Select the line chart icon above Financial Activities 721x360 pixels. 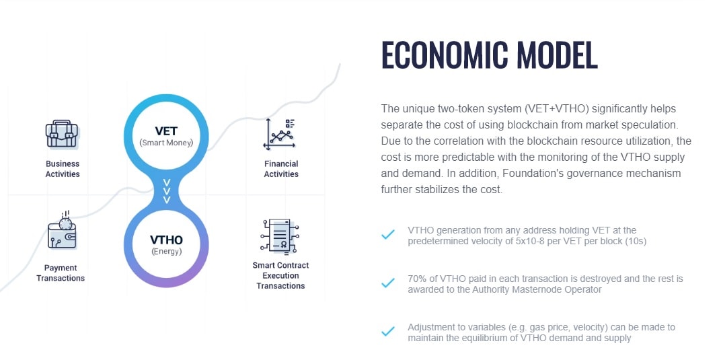pyautogui.click(x=280, y=134)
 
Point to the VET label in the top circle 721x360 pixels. pyautogui.click(x=166, y=131)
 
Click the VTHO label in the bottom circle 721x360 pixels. pyautogui.click(x=166, y=240)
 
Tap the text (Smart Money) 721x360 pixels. pyautogui.click(x=166, y=143)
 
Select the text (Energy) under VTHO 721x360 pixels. pyautogui.click(x=166, y=252)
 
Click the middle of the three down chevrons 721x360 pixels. pyautogui.click(x=167, y=190)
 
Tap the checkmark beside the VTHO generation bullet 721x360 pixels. pyautogui.click(x=388, y=234)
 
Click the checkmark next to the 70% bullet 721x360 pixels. pyautogui.click(x=388, y=283)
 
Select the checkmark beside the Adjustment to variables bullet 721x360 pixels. pyautogui.click(x=388, y=331)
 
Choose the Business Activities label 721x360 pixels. pyautogui.click(x=63, y=169)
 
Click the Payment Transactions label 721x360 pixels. pyautogui.click(x=61, y=273)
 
